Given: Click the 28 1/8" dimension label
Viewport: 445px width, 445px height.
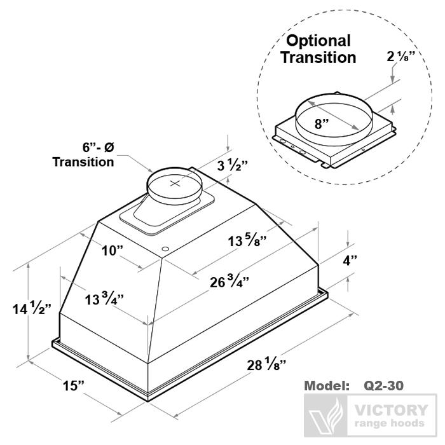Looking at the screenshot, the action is tap(266, 364).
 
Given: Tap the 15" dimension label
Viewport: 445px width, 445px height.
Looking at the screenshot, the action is tap(74, 385).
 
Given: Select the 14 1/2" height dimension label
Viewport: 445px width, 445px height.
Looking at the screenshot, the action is tap(32, 308).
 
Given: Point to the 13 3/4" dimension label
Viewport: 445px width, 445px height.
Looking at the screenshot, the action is tap(104, 299).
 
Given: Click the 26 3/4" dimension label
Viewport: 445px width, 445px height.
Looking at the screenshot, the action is tap(229, 282).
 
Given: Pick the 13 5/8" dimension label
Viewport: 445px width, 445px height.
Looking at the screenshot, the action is tap(247, 241).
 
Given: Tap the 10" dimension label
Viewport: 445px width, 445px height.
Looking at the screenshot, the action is tap(113, 250).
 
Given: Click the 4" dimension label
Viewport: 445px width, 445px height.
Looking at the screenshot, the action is tap(350, 260).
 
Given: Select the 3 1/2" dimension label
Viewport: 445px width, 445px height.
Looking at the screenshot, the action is tap(233, 165).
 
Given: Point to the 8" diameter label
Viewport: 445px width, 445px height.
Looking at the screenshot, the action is tap(322, 124).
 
